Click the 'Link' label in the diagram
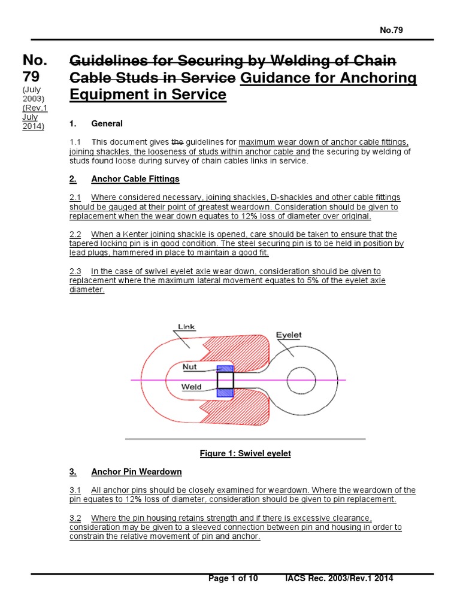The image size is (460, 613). pos(186,327)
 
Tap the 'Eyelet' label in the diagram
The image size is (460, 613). pos(288,335)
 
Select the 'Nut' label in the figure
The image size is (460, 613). pos(190,365)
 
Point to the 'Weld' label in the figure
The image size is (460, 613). pos(191,387)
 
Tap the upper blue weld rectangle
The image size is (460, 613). pos(225,369)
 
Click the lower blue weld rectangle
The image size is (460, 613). pos(225,392)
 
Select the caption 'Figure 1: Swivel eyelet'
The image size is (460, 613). pos(245,454)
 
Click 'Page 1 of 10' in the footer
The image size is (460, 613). pos(233,578)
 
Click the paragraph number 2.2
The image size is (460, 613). pos(75,234)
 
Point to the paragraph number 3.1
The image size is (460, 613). pos(75,490)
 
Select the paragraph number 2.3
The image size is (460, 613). pos(75,271)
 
